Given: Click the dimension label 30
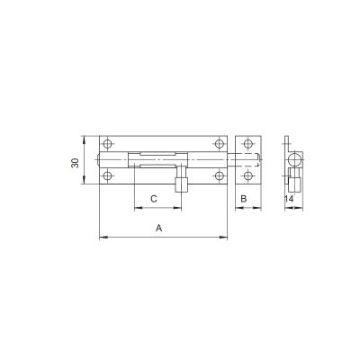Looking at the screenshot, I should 76,162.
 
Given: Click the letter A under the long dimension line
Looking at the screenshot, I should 158,229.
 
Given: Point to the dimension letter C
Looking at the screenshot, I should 154,198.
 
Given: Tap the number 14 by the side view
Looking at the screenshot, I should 288,198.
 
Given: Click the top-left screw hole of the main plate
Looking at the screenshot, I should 108,144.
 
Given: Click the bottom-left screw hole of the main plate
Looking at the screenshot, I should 108,177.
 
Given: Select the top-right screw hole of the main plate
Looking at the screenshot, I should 218,144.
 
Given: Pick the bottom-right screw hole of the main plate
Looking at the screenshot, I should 218,177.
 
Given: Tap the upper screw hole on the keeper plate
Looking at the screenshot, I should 247,144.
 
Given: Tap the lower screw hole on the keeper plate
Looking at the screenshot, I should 247,177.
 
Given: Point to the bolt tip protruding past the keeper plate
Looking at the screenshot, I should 264,160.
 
